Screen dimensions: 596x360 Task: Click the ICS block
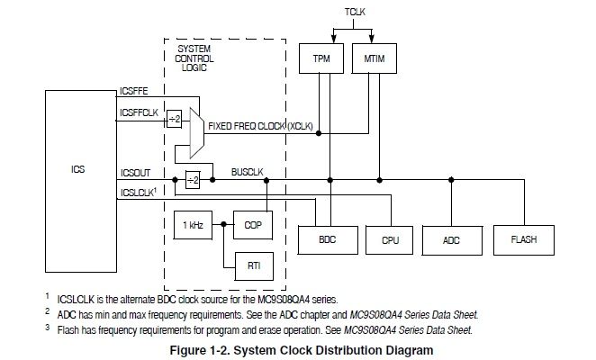[81, 181]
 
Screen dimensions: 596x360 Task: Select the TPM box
[321, 58]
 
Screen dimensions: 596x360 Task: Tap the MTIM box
[375, 58]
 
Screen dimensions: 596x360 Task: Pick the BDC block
[328, 240]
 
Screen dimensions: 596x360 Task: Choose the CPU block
[389, 240]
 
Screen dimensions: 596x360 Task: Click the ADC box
[452, 240]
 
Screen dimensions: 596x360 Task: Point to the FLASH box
[524, 240]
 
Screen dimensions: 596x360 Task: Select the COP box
[253, 225]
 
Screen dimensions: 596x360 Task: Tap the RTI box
[254, 266]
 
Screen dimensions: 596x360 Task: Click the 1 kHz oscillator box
[193, 225]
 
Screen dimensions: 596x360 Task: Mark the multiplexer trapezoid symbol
[197, 132]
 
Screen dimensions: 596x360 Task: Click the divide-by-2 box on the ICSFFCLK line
[174, 119]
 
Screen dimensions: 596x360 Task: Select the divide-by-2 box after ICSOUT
[193, 179]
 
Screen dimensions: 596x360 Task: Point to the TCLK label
[355, 12]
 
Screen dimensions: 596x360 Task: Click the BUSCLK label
[247, 172]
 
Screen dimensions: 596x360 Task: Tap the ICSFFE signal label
[134, 91]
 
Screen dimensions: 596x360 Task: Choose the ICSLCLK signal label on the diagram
[139, 193]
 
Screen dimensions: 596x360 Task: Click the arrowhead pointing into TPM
[334, 39]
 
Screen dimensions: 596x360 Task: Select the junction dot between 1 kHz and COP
[223, 225]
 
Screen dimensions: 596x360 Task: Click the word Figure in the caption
[188, 350]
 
